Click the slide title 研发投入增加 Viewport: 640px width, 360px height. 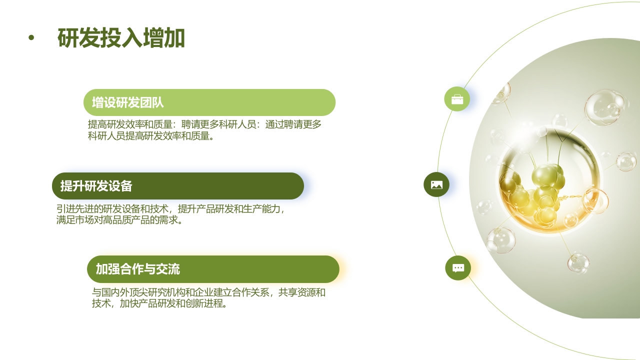[x=121, y=38]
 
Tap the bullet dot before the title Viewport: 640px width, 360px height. [x=31, y=37]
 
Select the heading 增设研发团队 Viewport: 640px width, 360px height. [x=128, y=102]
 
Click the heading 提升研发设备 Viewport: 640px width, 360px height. [x=96, y=186]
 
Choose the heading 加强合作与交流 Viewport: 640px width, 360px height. [x=138, y=269]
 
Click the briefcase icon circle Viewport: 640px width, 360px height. [x=457, y=99]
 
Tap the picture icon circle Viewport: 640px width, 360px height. [x=436, y=184]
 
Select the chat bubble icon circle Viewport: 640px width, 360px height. [x=458, y=268]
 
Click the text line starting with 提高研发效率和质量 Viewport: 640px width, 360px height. [x=204, y=124]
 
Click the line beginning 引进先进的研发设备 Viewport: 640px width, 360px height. [x=170, y=208]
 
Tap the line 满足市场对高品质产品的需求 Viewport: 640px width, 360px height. [x=120, y=219]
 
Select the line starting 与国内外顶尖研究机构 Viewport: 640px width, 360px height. [x=208, y=292]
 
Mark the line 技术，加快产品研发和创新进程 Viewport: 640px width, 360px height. [x=160, y=303]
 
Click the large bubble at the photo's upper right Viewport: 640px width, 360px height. [x=604, y=107]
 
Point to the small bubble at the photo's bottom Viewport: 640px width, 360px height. [x=578, y=263]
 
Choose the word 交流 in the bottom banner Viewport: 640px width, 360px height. [x=168, y=269]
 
